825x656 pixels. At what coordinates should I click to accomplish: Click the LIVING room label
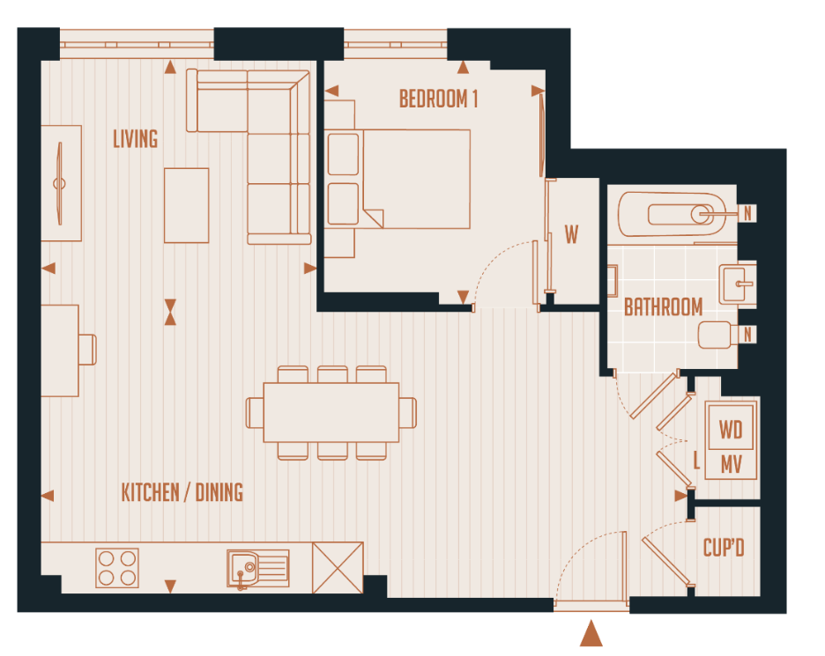[136, 138]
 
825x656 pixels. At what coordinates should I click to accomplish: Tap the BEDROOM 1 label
[438, 99]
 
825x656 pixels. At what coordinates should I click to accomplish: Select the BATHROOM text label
[663, 307]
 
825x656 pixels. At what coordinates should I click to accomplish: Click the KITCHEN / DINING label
[182, 492]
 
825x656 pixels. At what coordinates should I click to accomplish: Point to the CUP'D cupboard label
[724, 549]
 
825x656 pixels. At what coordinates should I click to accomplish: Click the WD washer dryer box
[731, 430]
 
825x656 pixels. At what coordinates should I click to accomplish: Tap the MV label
[731, 463]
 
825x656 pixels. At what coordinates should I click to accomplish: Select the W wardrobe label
[572, 235]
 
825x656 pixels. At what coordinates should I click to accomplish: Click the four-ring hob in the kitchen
[117, 568]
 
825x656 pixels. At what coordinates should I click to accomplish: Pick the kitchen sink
[257, 568]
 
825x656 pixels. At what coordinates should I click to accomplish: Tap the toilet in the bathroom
[717, 335]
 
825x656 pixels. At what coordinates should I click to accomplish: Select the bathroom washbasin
[736, 284]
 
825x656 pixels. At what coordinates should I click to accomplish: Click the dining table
[331, 412]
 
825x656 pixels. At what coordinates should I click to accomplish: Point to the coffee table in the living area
[186, 205]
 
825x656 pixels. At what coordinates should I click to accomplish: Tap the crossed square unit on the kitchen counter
[338, 568]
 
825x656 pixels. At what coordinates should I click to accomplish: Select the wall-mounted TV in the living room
[60, 183]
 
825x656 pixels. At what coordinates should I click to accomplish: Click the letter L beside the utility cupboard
[696, 460]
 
